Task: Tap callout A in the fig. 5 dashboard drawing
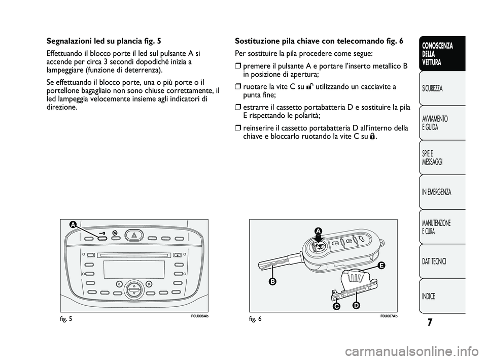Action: coord(74,224)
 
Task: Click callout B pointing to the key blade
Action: coord(272,281)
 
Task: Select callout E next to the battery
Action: coord(381,266)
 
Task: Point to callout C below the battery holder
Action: coord(336,307)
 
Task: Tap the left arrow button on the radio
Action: coord(118,283)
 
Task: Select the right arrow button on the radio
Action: coord(149,283)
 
